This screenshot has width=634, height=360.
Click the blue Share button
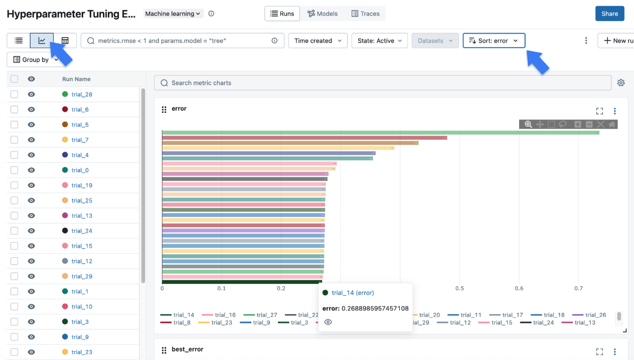(609, 14)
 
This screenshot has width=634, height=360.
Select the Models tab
(323, 14)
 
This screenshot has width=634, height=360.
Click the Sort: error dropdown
(494, 41)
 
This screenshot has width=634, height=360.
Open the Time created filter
(318, 41)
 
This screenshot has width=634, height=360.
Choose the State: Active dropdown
(379, 41)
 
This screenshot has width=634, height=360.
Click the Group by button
(35, 60)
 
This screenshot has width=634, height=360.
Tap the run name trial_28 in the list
(82, 94)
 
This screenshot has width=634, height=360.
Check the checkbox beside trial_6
(14, 109)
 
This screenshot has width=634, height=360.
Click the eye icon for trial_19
(31, 186)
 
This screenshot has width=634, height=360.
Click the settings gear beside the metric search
(621, 83)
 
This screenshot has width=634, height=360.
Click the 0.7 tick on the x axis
(578, 288)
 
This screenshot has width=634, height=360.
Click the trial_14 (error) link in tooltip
(353, 293)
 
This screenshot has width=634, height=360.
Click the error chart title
(179, 109)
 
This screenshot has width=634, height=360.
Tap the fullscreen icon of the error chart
(599, 111)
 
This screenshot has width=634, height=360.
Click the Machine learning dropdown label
(173, 14)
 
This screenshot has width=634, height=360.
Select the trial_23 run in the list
(82, 352)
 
